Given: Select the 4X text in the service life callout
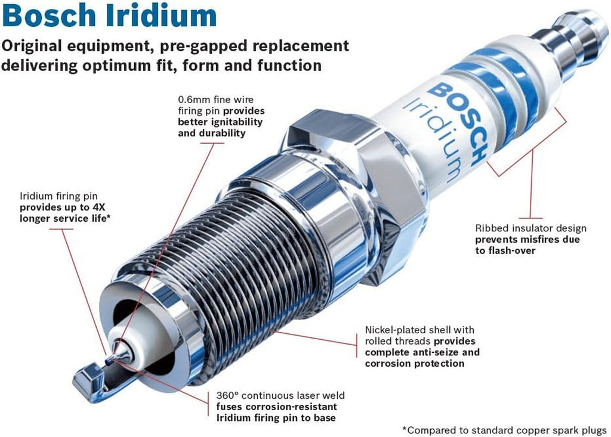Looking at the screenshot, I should [x=102, y=207].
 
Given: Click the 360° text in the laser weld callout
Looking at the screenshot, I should [x=229, y=396].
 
